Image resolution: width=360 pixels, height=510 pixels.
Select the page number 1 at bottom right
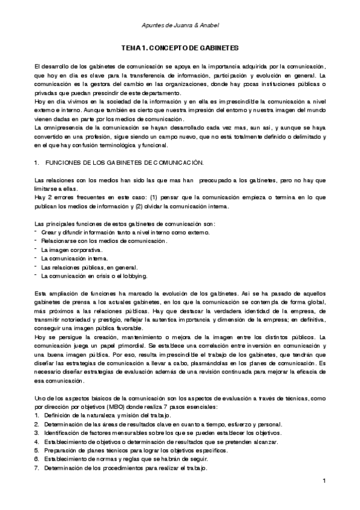324,481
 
